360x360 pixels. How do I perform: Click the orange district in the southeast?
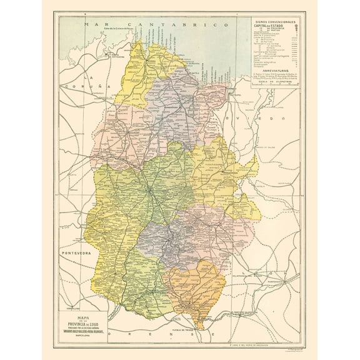tap(194, 287)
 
